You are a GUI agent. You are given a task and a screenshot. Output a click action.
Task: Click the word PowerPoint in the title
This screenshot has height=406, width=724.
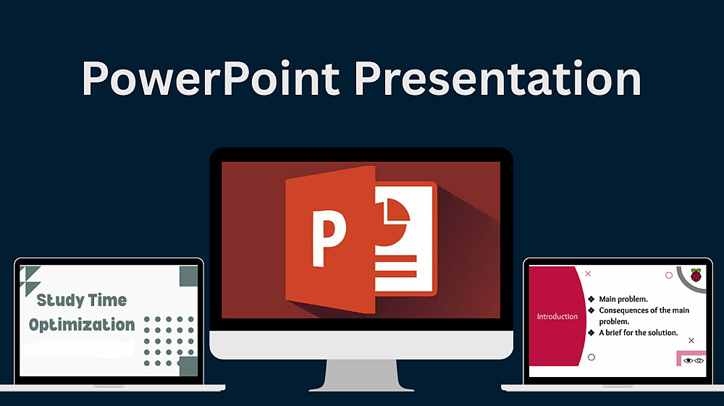point(211,78)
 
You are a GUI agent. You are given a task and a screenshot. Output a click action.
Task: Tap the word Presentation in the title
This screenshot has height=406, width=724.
point(498,78)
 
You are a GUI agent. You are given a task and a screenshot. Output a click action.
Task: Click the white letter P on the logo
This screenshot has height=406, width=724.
point(329,239)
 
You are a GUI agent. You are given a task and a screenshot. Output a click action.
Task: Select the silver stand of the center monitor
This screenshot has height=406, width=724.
point(361,376)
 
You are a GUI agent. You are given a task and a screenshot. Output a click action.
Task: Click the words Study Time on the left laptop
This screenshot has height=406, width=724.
point(82,300)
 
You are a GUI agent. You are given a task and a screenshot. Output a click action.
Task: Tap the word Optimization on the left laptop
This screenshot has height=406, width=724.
point(82,325)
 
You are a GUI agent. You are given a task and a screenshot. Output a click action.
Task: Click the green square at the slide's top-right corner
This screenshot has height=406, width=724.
point(188,276)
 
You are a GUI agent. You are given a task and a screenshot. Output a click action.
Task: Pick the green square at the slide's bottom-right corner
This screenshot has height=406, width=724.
point(188,366)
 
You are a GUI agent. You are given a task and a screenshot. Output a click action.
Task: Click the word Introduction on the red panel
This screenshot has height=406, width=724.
point(557,316)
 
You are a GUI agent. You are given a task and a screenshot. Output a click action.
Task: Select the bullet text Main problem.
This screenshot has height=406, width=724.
point(623,299)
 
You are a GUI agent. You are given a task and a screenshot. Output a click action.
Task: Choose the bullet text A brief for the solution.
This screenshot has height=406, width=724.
point(639,333)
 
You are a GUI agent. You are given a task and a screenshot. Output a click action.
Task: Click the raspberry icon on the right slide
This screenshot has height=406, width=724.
point(696,275)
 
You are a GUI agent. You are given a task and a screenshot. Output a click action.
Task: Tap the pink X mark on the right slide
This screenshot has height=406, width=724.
point(588,274)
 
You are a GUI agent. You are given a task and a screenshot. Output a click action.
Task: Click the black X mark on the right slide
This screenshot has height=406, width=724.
point(691,340)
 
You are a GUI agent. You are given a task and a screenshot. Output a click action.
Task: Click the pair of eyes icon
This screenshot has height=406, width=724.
point(694,360)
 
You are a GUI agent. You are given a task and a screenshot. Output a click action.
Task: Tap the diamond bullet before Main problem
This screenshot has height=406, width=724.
point(591,299)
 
